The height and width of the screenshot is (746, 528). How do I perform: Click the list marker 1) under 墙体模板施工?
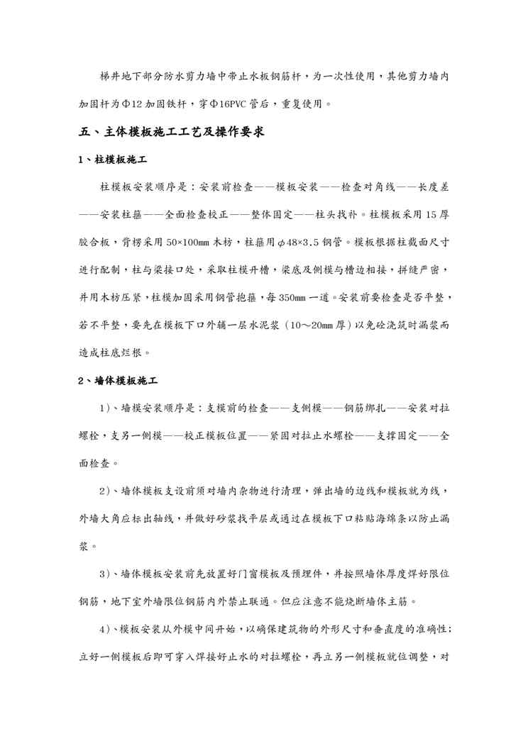(108, 408)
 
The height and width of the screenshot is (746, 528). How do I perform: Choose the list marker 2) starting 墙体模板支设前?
(108, 491)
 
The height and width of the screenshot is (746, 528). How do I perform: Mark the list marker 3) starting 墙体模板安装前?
(108, 573)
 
